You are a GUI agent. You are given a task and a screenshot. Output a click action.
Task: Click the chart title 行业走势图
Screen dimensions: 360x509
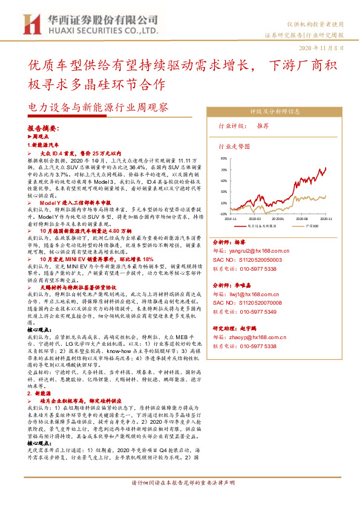point(233,146)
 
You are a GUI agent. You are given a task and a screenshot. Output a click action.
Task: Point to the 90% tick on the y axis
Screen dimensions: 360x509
point(223,158)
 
